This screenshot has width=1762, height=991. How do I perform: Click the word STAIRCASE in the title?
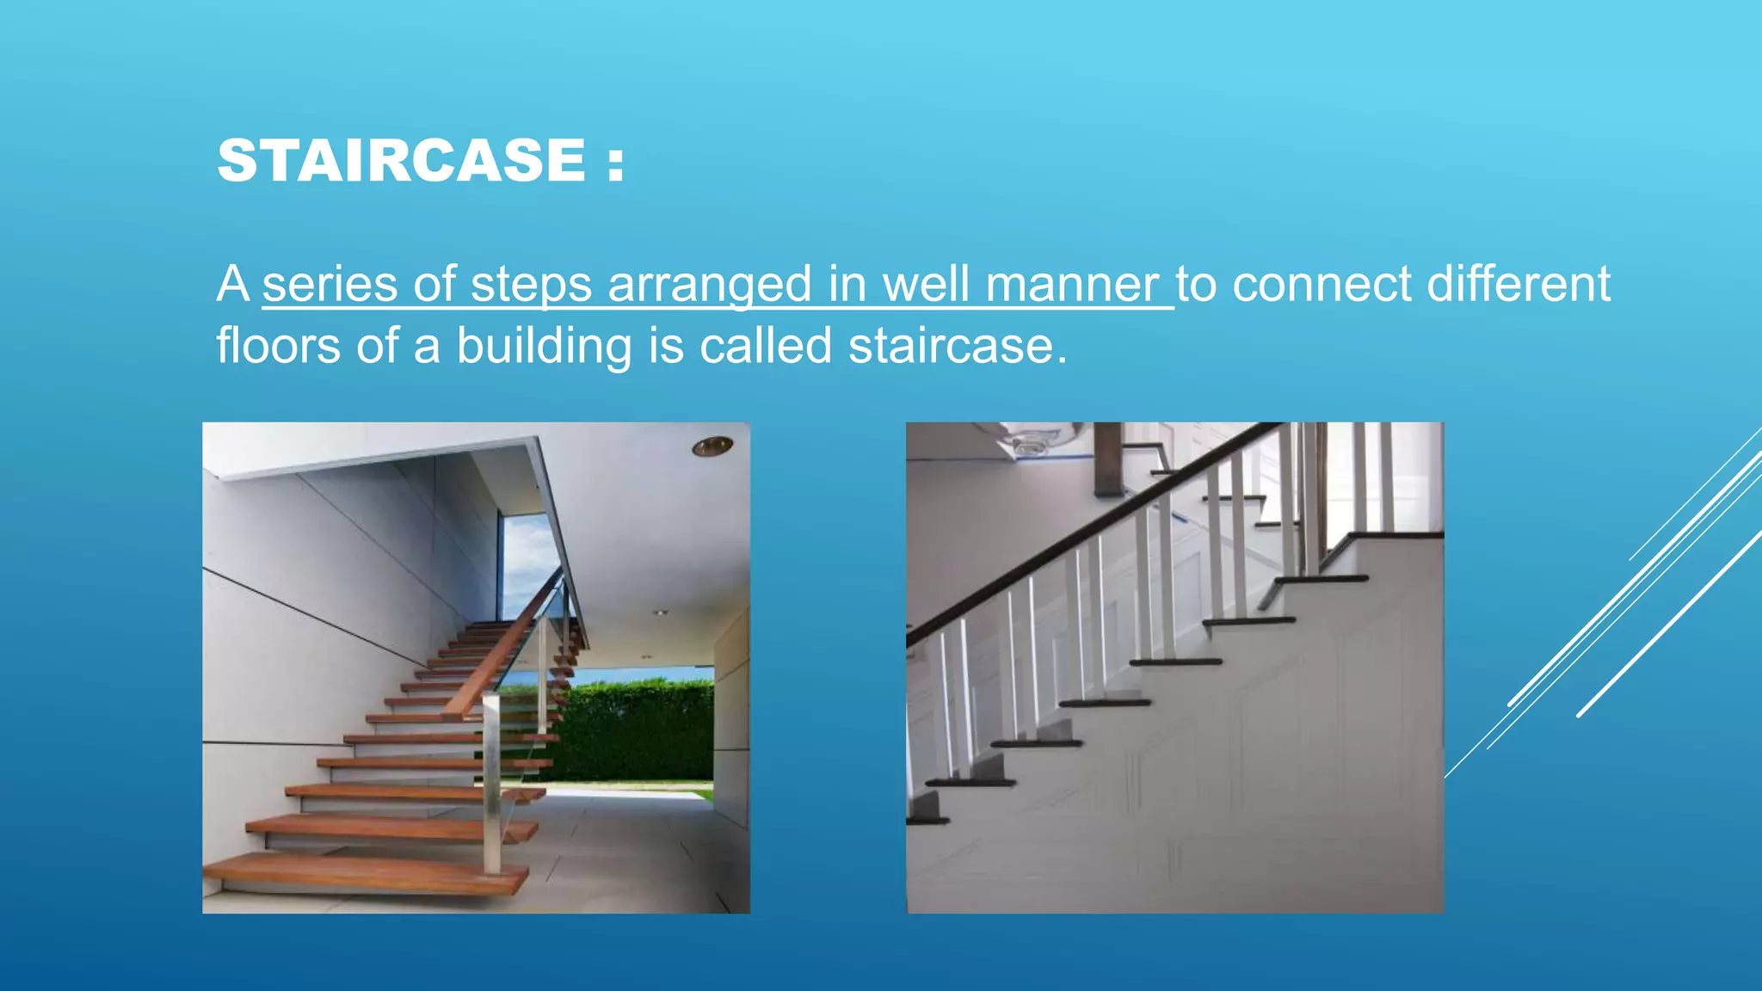pos(402,161)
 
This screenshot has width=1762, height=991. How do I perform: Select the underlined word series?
pos(330,285)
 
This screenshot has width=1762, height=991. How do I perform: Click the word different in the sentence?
pos(1519,285)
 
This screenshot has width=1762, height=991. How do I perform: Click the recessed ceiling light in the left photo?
pos(712,446)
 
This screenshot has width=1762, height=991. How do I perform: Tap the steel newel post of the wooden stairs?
pos(491,783)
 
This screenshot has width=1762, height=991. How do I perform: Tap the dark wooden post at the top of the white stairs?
pos(1107,460)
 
